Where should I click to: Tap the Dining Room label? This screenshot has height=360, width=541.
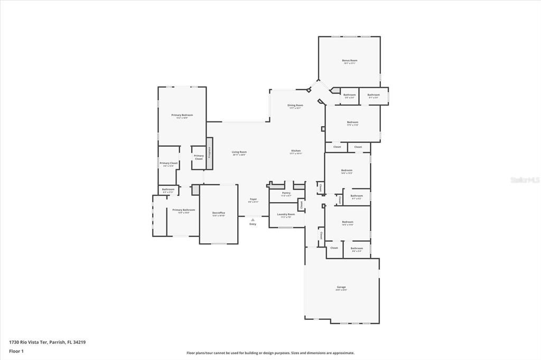295,106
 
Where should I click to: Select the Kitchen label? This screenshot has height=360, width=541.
295,151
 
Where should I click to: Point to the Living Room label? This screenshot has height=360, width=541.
239,153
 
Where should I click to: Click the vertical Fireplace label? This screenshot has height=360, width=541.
210,153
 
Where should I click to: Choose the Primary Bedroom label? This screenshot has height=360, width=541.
182,116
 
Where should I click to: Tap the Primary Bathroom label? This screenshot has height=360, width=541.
180,211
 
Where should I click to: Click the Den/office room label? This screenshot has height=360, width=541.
219,213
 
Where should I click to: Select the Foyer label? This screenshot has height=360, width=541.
253,201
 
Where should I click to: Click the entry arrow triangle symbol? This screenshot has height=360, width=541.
253,220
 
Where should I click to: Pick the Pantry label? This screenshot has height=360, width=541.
286,193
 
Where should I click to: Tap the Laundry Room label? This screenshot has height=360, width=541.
286,215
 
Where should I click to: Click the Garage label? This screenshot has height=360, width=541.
341,288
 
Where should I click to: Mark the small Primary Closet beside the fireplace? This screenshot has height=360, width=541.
199,157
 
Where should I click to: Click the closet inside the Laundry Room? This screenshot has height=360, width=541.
301,204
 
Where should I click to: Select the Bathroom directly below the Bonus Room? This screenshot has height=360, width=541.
350,96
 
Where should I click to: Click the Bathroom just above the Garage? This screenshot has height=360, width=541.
357,249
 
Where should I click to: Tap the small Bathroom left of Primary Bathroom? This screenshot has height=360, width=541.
168,190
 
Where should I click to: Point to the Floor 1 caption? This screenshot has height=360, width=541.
16,351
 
